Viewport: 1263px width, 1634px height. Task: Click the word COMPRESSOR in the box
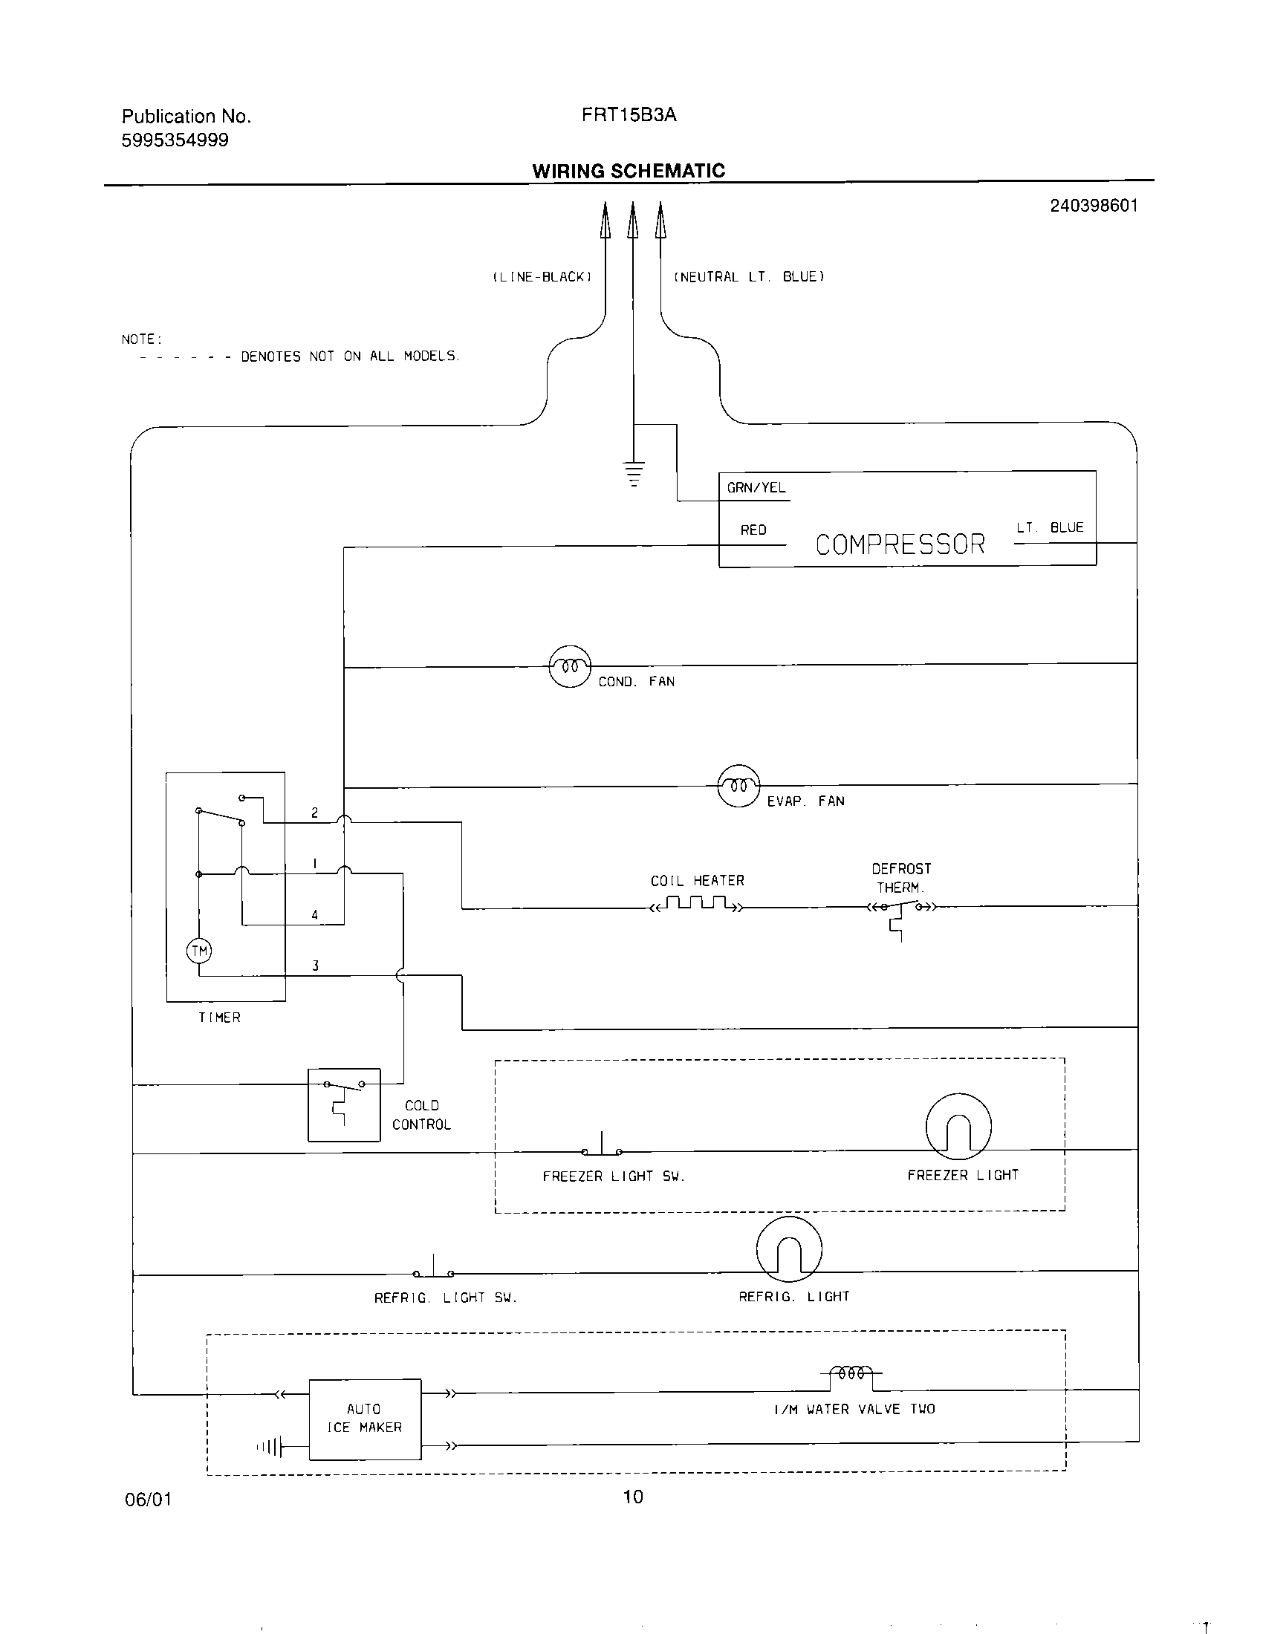click(900, 544)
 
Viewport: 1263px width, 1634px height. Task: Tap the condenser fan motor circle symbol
click(569, 666)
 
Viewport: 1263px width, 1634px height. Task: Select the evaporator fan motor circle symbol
click(738, 786)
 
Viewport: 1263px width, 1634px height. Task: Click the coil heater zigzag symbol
click(698, 904)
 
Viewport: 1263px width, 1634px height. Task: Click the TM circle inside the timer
click(199, 951)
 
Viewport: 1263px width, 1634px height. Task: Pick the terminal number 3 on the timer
click(315, 966)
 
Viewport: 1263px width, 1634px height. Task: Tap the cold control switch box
click(344, 1104)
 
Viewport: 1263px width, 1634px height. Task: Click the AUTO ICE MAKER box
click(365, 1419)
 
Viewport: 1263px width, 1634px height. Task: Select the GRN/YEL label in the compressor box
click(756, 488)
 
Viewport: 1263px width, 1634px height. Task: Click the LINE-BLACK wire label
click(542, 277)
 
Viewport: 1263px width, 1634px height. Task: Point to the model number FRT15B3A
click(629, 114)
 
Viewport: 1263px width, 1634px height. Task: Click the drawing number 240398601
click(1093, 206)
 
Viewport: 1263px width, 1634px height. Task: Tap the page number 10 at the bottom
click(632, 1497)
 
